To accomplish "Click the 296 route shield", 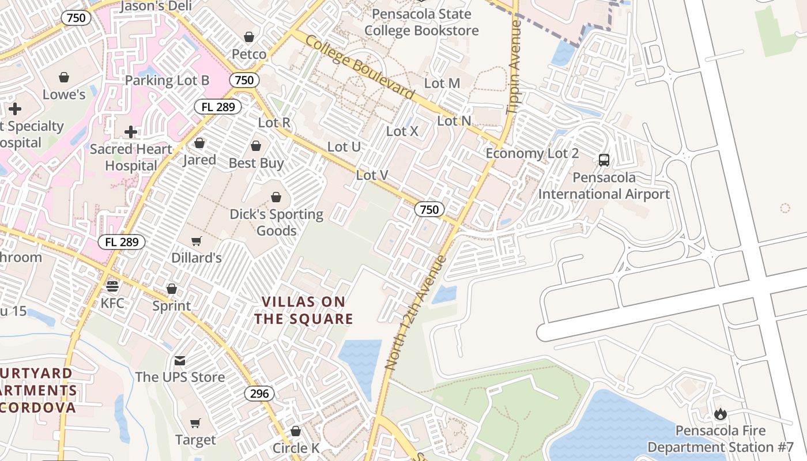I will (x=259, y=394).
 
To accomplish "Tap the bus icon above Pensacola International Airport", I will (x=604, y=160).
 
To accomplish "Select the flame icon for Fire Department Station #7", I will (x=720, y=414).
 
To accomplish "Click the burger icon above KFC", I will (x=112, y=286).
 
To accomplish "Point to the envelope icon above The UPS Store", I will (x=180, y=361).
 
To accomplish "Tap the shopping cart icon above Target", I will (x=195, y=424).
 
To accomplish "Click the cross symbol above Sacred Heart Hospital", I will (x=131, y=132).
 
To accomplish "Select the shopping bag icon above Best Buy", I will (x=256, y=146).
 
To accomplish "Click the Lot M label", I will (x=442, y=83).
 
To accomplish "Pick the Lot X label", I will (x=402, y=131).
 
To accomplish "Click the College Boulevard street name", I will (x=360, y=67).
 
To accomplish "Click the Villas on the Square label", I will (x=304, y=310).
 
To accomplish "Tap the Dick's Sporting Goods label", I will (x=277, y=222).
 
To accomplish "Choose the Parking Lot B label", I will (x=167, y=80).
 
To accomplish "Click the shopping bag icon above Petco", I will (x=249, y=37).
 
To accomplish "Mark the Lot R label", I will (x=274, y=122).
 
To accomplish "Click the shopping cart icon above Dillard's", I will (x=197, y=241).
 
